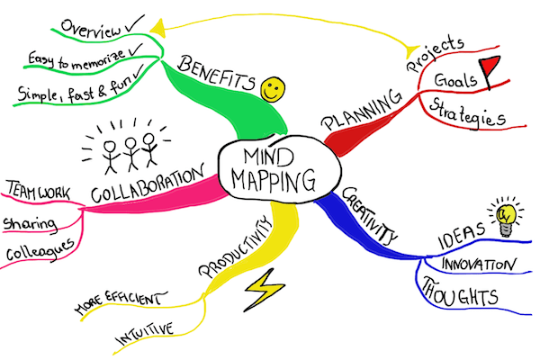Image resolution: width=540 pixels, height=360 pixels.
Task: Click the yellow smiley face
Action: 273,89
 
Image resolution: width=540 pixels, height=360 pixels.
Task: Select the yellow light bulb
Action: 506,218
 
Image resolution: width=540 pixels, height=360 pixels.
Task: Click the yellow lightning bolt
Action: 265,290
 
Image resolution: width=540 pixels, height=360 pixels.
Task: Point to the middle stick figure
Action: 131,154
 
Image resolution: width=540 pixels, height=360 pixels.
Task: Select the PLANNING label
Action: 362,110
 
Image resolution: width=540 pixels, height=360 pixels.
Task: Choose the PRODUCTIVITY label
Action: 235,247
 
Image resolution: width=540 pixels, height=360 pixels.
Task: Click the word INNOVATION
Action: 479,265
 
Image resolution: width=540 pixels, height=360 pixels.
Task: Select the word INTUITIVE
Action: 145,333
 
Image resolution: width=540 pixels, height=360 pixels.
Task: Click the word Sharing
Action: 30,224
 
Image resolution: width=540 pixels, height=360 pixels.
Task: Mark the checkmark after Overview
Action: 135,23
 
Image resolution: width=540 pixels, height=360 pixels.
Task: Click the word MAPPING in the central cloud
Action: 273,181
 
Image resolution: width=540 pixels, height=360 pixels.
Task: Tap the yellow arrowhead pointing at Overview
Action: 158,28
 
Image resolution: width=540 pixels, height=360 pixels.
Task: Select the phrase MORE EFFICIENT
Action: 121,301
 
